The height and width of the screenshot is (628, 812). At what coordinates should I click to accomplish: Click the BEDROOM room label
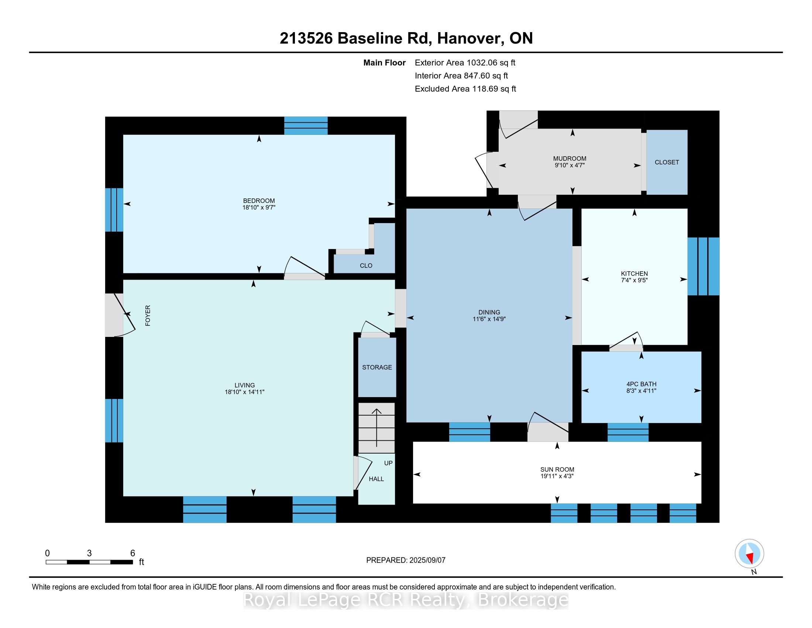point(259,201)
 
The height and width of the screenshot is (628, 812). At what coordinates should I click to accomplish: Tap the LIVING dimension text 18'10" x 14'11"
point(244,392)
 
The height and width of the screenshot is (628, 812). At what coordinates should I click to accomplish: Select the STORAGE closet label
point(377,367)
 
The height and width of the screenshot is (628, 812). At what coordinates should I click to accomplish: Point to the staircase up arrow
point(376,427)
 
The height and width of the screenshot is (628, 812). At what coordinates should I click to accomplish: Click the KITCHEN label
point(634,273)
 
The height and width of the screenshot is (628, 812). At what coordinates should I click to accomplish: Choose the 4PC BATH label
point(641,384)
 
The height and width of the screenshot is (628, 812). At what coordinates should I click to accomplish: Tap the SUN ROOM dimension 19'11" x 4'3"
point(557,476)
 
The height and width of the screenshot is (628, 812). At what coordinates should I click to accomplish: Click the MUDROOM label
point(570,158)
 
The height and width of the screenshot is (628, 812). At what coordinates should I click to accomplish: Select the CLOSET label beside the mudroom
point(667,162)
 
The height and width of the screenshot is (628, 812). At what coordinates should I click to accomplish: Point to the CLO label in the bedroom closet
point(366,266)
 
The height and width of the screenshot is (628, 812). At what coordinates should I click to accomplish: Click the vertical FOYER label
point(148,315)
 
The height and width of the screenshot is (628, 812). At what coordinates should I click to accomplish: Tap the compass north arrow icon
point(749,554)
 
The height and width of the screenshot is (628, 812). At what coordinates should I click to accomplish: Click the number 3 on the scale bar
point(89,553)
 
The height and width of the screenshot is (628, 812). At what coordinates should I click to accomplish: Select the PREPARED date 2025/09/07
point(427,560)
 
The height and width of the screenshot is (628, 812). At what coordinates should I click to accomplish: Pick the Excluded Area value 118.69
point(485,89)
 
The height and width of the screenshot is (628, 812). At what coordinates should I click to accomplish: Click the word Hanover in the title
point(468,38)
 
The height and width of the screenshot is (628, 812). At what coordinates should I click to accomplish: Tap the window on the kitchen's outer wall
point(703,266)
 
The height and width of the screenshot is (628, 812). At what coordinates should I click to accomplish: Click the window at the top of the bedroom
point(306,125)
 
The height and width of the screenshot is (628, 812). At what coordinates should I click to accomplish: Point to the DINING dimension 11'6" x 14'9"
point(489,319)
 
